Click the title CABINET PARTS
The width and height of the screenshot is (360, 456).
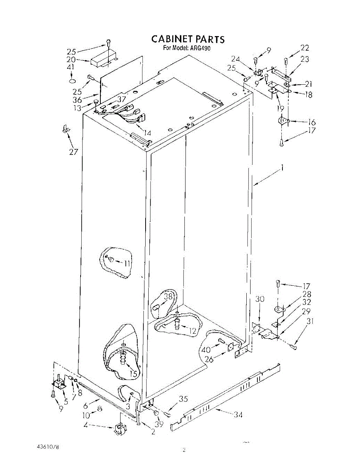188,39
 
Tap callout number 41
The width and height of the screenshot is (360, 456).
71,68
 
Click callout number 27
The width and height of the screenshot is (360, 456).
73,152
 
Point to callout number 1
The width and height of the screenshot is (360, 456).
282,168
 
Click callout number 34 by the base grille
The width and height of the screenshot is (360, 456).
238,415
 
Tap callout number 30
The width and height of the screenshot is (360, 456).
259,299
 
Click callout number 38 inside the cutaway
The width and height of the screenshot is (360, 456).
168,297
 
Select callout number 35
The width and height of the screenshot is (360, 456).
183,399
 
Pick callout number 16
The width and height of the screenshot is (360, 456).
312,122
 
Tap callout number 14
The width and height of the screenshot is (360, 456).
147,133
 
